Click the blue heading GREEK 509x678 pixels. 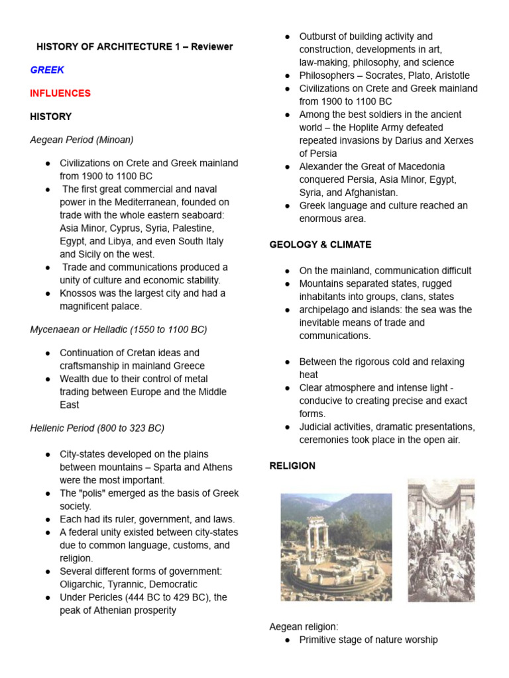coord(47,70)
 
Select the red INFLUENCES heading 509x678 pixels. coord(60,93)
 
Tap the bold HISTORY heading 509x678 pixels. coord(51,117)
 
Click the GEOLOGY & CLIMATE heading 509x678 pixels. coord(320,245)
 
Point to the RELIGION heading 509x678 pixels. coord(292,466)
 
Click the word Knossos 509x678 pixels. coord(80,293)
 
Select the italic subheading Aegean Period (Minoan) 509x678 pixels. coord(82,140)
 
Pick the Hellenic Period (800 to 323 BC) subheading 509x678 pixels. coord(97,428)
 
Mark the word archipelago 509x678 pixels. coord(327,310)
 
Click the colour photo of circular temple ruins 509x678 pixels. coord(336,547)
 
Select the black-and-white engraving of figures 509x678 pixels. coord(441,541)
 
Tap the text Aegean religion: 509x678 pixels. coord(303,626)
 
